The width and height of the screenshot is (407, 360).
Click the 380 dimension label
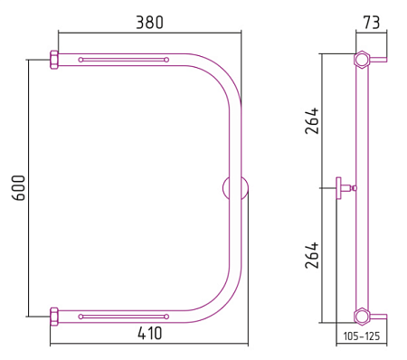pyautogui.click(x=149, y=23)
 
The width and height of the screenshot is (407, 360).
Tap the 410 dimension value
pyautogui.click(x=150, y=333)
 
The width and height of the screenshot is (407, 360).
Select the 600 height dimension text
pyautogui.click(x=18, y=188)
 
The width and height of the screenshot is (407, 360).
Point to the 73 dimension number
pyautogui.click(x=371, y=23)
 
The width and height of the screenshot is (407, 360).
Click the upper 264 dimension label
pyautogui.click(x=312, y=120)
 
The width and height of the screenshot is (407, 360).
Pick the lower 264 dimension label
pyautogui.click(x=312, y=255)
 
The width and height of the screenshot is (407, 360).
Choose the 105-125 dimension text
pyautogui.click(x=362, y=336)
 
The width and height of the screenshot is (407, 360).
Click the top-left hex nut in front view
pyautogui.click(x=54, y=60)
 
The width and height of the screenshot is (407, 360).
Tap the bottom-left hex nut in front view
pyautogui.click(x=54, y=317)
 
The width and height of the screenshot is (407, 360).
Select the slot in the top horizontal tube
pyautogui.click(x=123, y=60)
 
